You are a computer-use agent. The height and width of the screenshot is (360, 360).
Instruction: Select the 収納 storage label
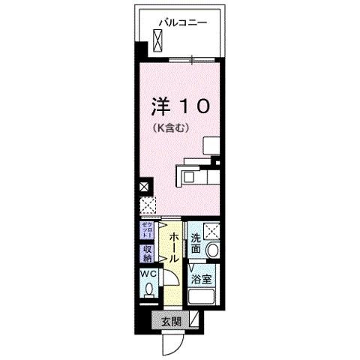point(146,254)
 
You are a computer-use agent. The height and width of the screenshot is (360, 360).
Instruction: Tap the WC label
point(145,274)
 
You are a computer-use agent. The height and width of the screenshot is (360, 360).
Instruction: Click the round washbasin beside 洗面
point(213,251)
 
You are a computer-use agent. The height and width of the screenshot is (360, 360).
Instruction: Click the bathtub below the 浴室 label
point(203,298)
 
